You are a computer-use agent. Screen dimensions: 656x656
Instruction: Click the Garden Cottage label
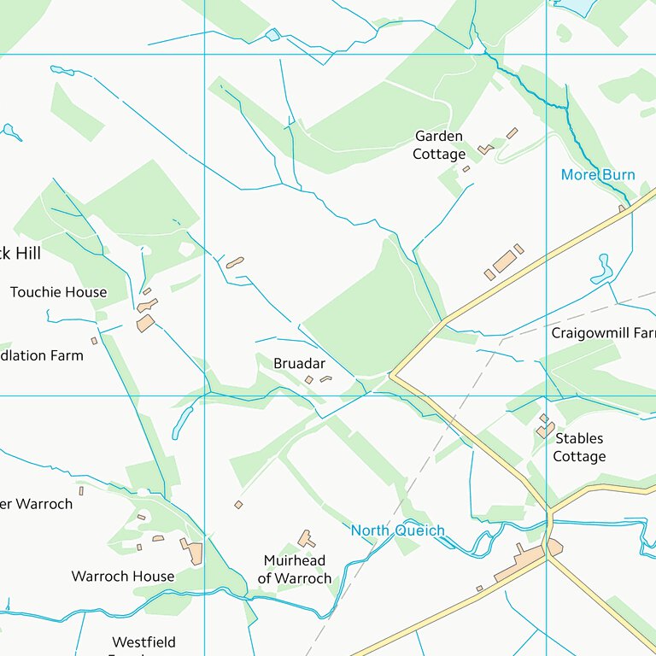[x=439, y=145]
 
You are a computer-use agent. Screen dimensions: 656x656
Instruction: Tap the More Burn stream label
[x=597, y=175]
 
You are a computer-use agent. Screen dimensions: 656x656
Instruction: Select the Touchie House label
[x=58, y=292]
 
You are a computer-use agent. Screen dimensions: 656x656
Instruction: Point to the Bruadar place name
[x=299, y=364]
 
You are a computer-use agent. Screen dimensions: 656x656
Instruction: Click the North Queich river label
[x=397, y=531]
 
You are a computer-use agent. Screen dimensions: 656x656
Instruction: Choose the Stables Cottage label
[x=579, y=448]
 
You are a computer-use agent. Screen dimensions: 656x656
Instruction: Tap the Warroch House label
[x=122, y=577]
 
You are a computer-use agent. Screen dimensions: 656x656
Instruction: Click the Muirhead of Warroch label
[x=294, y=570]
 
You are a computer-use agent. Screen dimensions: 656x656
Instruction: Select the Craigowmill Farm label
[x=603, y=332]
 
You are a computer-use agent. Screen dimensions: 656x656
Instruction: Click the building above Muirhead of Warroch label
[x=305, y=539]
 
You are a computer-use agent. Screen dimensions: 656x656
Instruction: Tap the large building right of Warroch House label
[x=195, y=553]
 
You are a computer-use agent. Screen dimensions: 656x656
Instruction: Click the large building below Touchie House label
[x=145, y=323]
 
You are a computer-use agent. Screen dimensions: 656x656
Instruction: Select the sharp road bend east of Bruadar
[x=391, y=374]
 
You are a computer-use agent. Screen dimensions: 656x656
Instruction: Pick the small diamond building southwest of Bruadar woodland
[x=238, y=505]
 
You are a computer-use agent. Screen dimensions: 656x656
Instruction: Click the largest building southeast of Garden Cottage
[x=504, y=261]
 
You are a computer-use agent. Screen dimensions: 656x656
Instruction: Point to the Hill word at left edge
[x=26, y=254]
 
